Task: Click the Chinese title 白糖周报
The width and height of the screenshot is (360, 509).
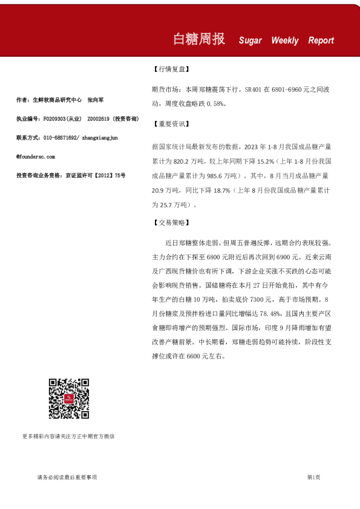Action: click(x=198, y=39)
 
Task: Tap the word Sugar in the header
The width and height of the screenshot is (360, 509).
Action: click(x=250, y=41)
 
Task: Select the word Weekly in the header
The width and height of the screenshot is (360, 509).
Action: click(x=284, y=41)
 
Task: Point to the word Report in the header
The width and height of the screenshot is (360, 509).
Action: click(x=321, y=41)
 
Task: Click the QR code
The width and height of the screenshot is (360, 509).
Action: click(x=69, y=398)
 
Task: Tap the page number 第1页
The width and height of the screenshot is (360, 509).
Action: click(x=313, y=478)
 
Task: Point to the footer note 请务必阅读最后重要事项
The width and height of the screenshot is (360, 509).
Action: click(x=67, y=478)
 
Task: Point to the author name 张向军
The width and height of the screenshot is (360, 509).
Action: click(x=96, y=100)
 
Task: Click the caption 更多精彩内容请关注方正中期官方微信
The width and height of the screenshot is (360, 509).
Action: click(x=68, y=436)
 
